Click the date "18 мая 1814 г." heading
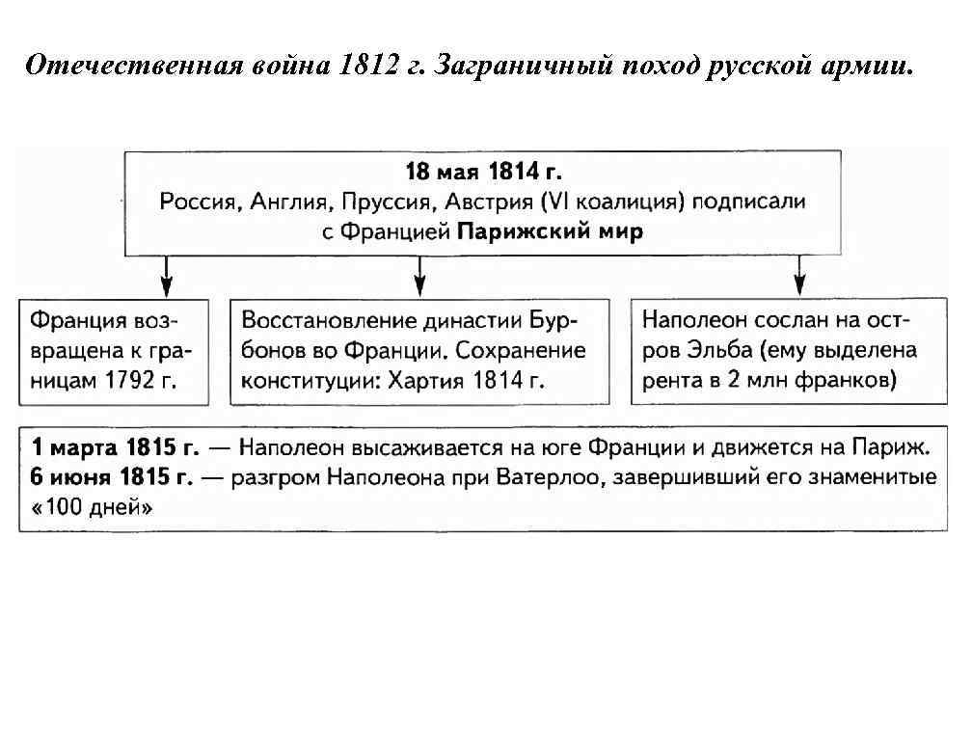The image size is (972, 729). click(x=483, y=173)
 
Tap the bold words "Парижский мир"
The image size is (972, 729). click(x=549, y=232)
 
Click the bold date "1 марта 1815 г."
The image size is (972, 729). click(x=114, y=447)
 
